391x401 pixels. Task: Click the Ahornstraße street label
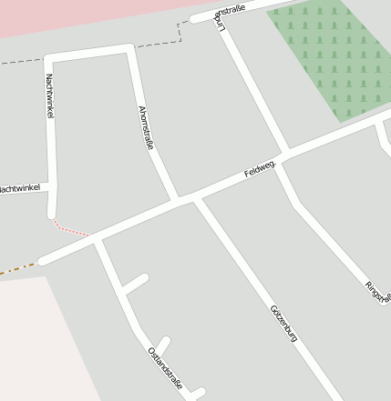click(x=145, y=127)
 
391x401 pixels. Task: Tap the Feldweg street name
click(x=260, y=169)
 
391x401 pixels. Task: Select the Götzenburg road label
click(x=284, y=323)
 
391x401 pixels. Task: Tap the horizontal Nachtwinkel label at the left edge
click(x=20, y=189)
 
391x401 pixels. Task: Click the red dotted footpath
click(x=70, y=228)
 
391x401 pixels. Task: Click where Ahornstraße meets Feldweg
click(x=172, y=197)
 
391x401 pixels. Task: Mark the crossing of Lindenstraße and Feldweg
click(x=285, y=152)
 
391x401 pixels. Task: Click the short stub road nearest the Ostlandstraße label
click(x=164, y=345)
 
